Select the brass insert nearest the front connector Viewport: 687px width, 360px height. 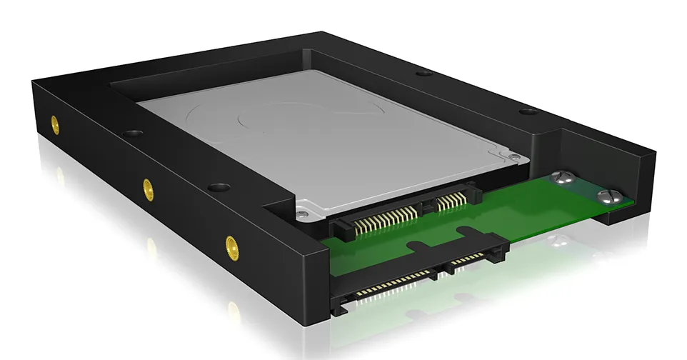click(x=231, y=248)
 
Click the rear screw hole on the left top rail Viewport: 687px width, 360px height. click(x=131, y=134)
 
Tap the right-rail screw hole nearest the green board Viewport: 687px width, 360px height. click(x=528, y=111)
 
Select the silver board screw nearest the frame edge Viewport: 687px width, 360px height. click(x=608, y=194)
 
